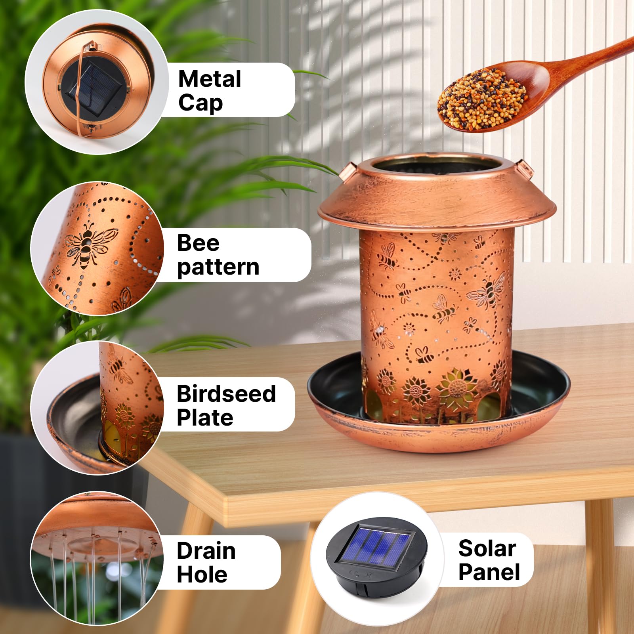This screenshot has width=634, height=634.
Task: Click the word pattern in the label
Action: click(218, 267)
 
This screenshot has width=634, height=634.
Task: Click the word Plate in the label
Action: click(205, 418)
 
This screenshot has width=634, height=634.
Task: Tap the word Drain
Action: click(206, 551)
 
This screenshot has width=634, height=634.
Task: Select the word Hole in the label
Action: click(202, 575)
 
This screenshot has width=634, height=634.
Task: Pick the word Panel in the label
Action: click(489, 572)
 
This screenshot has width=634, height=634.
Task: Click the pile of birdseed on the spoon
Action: click(481, 99)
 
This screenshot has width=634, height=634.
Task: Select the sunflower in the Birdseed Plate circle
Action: click(125, 416)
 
